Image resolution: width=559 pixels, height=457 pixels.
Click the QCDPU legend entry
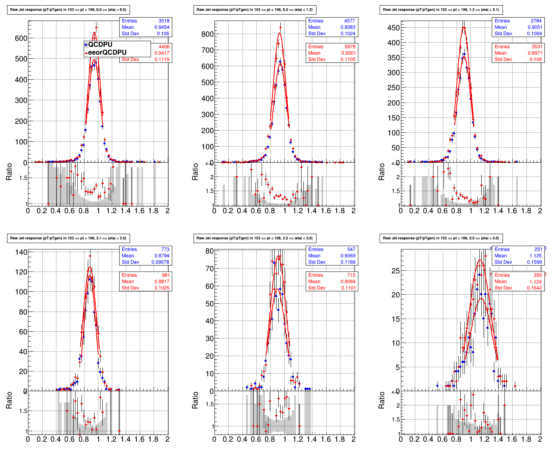pos(100,45)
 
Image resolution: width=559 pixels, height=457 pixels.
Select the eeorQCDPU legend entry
pos(107,52)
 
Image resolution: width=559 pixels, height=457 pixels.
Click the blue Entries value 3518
pos(163,21)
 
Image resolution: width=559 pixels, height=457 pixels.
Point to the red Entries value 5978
pos(349,47)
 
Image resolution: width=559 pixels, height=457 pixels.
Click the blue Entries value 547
pos(351,249)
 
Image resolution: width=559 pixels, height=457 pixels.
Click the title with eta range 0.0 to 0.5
pos(68,10)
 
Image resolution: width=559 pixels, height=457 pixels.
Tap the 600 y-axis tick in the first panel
pos(21,38)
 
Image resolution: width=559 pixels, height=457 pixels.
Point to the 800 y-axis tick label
pos(207,34)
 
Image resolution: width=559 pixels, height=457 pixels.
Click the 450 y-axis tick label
pos(393,28)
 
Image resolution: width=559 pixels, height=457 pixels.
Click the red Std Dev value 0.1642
pos(534,288)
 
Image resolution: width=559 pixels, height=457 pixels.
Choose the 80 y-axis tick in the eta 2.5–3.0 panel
pos(210,251)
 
